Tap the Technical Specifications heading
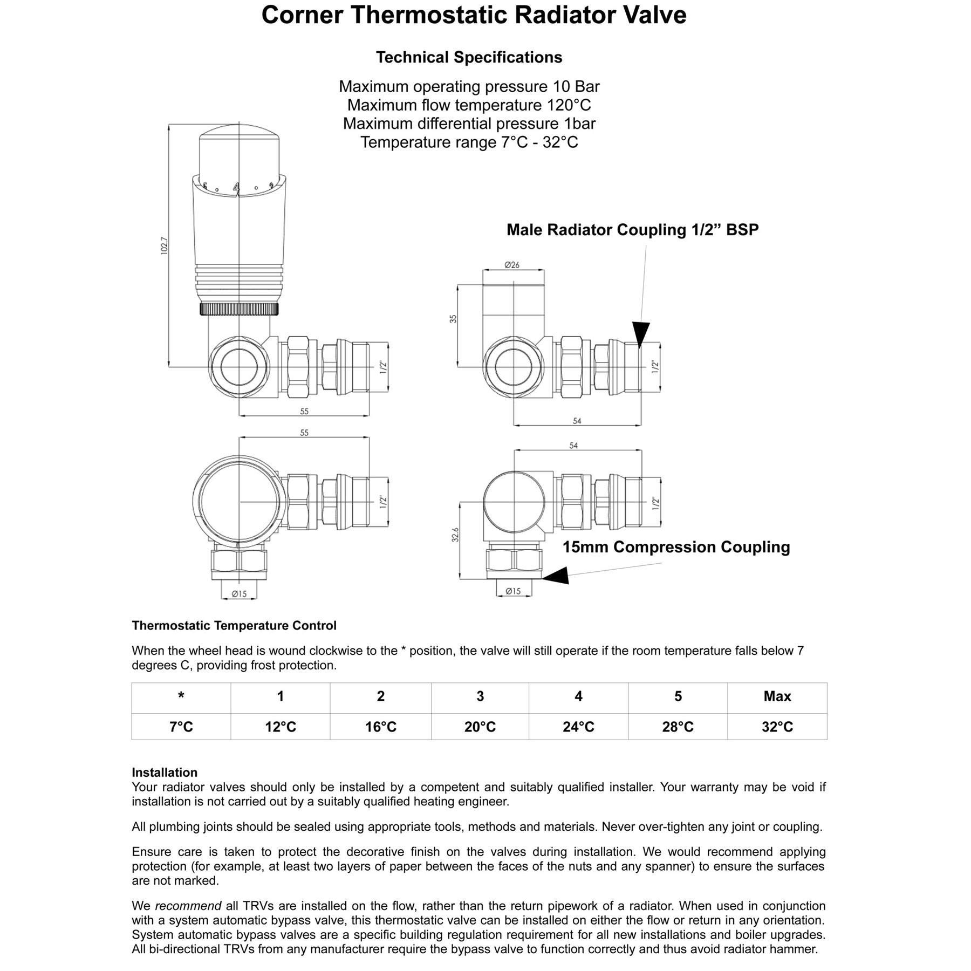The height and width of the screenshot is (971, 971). pyautogui.click(x=469, y=57)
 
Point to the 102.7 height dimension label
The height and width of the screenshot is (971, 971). pyautogui.click(x=165, y=246)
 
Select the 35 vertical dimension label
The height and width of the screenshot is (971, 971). pyautogui.click(x=453, y=318)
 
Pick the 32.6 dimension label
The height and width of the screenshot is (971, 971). pyautogui.click(x=455, y=535)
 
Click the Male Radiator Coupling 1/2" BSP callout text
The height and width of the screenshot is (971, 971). pyautogui.click(x=632, y=230)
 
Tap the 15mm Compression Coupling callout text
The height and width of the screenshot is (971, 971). pyautogui.click(x=676, y=547)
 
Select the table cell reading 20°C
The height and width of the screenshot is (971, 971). pyautogui.click(x=480, y=727)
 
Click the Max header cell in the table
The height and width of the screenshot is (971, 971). pyautogui.click(x=777, y=696)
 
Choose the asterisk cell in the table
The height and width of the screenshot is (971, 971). pyautogui.click(x=181, y=696)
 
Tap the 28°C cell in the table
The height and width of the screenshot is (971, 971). pyautogui.click(x=678, y=727)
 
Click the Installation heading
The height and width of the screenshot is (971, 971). pyautogui.click(x=165, y=772)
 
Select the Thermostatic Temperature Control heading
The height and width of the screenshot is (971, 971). pyautogui.click(x=234, y=626)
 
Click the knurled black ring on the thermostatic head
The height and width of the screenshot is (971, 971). pyautogui.click(x=240, y=309)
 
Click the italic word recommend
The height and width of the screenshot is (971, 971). pyautogui.click(x=188, y=906)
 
